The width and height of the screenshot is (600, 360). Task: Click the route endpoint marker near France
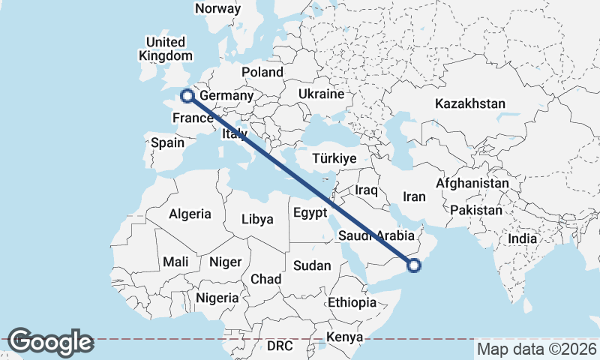point(187,96)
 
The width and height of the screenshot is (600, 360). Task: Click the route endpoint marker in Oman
point(414,264)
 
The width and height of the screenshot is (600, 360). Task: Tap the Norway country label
point(217,9)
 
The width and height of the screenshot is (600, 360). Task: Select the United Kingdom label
point(166,49)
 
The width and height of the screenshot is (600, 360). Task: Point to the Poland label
point(262,73)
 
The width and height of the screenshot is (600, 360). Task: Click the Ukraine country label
point(320,94)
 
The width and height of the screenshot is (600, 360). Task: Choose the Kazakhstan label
point(470,103)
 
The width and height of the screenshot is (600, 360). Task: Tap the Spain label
point(167,142)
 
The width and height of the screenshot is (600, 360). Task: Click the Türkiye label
point(334,159)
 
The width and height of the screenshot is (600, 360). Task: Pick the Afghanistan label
point(472,183)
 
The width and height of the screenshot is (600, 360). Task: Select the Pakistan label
point(478,211)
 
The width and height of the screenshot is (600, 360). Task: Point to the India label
point(523,238)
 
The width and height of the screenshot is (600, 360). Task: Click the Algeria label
point(190,214)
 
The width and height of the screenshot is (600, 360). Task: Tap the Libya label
point(256,220)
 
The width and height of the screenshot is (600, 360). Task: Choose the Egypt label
point(310,213)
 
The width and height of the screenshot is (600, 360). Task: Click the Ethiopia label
point(352,303)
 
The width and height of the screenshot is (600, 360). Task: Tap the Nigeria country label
point(217,298)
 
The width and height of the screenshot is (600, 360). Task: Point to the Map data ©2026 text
point(537,349)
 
